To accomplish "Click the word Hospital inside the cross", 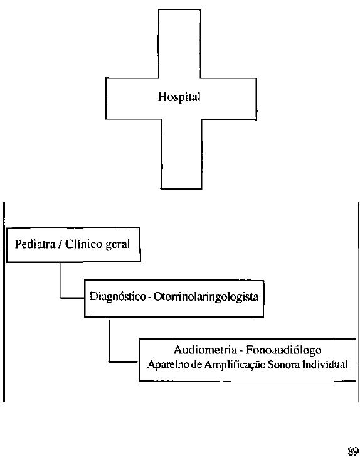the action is pyautogui.click(x=179, y=97).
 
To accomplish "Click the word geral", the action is pyautogui.click(x=117, y=245).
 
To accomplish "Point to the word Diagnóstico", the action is pyautogui.click(x=118, y=297).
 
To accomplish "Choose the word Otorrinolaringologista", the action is pyautogui.click(x=206, y=297).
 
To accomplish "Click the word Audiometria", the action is pyautogui.click(x=204, y=350).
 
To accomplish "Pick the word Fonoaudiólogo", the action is pyautogui.click(x=283, y=350).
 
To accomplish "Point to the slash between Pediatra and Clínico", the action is pyautogui.click(x=60, y=244).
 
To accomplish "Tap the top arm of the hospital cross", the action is pyautogui.click(x=179, y=44).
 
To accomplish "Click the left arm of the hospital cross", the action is pyautogui.click(x=132, y=99).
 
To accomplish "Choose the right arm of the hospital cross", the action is pyautogui.click(x=229, y=99).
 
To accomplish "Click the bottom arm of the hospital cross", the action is pyautogui.click(x=181, y=154).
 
